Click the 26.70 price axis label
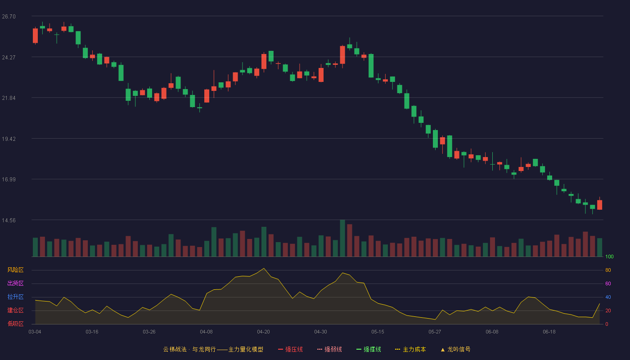(9, 17)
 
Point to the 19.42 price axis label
(9, 139)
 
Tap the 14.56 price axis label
(9, 220)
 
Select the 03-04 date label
(35, 332)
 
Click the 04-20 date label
(263, 332)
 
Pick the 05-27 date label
(435, 332)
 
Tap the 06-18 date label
(549, 332)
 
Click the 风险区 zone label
(15, 270)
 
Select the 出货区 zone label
(15, 283)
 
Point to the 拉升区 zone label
(15, 297)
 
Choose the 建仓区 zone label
(15, 310)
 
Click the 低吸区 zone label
(15, 324)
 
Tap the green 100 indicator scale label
(609, 256)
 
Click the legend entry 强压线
(290, 349)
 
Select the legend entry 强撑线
(369, 349)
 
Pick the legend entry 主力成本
(410, 349)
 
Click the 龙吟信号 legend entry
(455, 349)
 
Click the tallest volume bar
(342, 238)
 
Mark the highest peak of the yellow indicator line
(264, 268)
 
